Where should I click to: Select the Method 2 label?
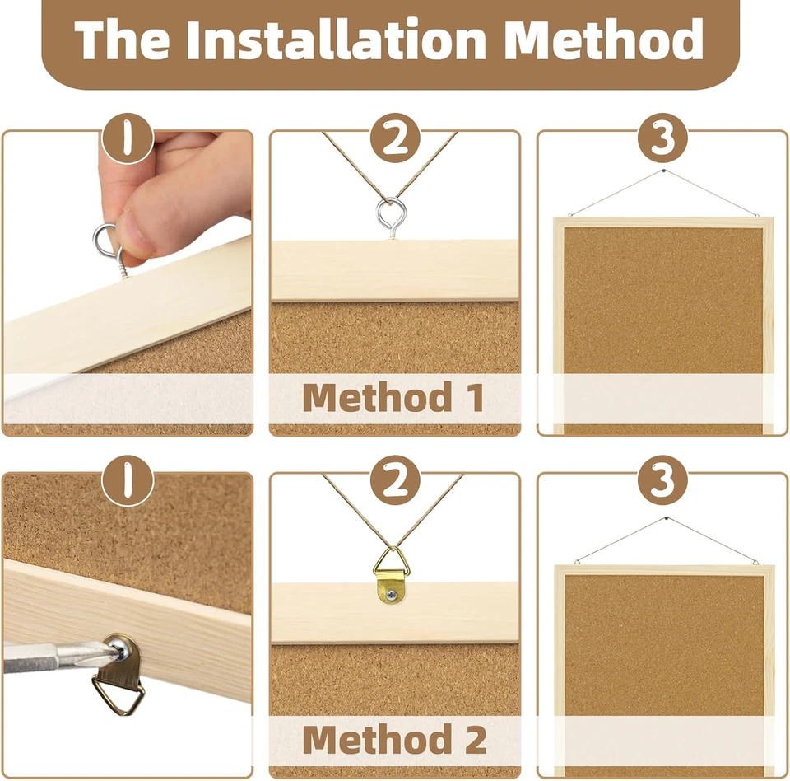click(394, 739)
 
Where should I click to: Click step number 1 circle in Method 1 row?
click(128, 139)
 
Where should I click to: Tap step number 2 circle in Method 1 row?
click(395, 139)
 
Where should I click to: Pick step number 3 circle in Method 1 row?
click(662, 139)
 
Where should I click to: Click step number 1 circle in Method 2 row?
click(128, 481)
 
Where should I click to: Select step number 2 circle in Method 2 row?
click(395, 481)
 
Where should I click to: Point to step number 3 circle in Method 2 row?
click(662, 481)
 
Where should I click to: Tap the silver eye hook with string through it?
click(388, 216)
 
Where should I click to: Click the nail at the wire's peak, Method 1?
click(662, 172)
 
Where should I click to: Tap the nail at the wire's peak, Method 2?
click(662, 520)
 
